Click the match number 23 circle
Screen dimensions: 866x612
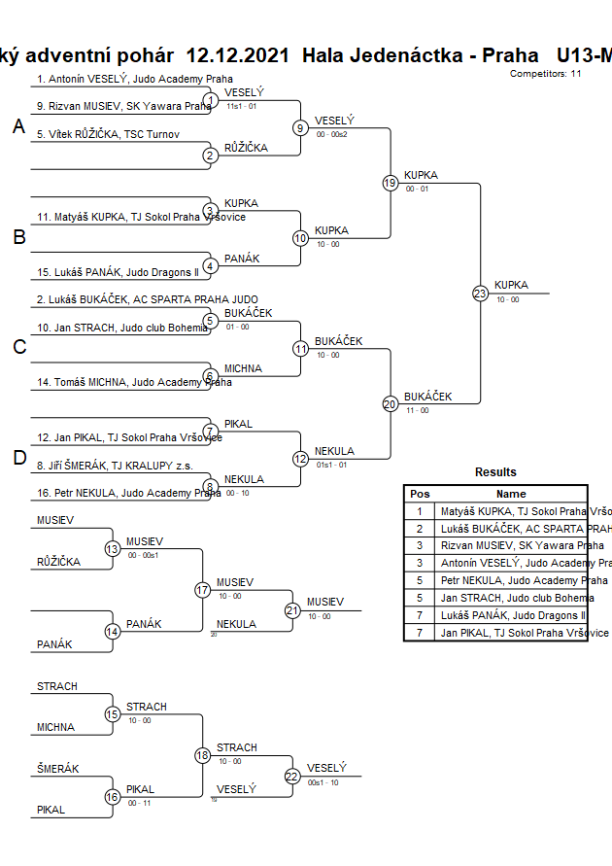pos(480,293)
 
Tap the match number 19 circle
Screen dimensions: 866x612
pos(391,183)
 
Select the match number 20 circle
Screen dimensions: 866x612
pos(391,403)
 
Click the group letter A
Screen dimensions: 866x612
pos(18,126)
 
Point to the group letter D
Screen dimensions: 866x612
pos(18,458)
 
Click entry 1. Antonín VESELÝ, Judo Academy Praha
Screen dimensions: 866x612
pos(134,80)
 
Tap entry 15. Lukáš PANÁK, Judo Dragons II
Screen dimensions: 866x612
pos(118,272)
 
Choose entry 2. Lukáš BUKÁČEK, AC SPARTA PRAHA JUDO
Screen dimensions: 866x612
pos(148,299)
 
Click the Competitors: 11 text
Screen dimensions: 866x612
pos(545,73)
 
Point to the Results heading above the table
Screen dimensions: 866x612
pos(495,472)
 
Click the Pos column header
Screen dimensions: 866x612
pos(420,494)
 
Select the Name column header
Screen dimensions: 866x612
pos(511,494)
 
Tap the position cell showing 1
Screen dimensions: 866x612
pos(420,510)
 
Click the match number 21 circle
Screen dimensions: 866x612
pos(292,610)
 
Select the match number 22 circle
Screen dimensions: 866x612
pos(292,776)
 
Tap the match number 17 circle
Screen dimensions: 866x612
pos(202,590)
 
